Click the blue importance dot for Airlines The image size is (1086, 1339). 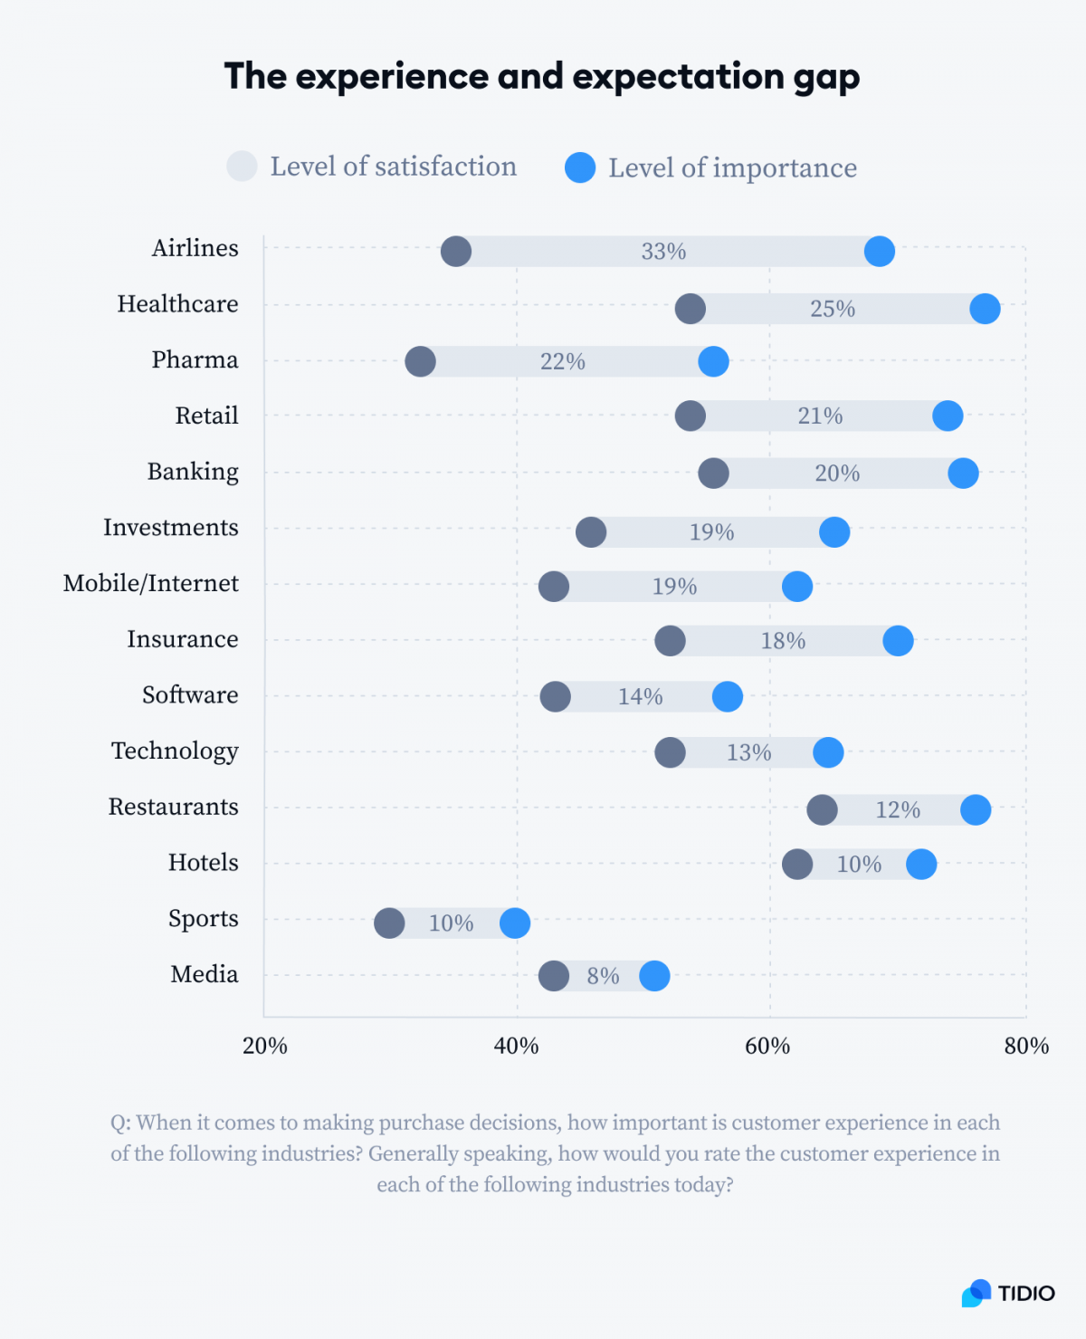coord(879,251)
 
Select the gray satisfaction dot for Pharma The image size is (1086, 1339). coord(420,361)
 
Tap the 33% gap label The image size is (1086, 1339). coord(663,252)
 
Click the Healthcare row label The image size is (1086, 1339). coord(177,304)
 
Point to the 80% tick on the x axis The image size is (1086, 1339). coord(1026,1047)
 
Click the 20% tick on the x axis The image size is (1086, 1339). coord(265,1047)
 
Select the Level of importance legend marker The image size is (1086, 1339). coord(580,167)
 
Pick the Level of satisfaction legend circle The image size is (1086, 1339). coord(242,167)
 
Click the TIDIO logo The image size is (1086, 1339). coord(1008,1293)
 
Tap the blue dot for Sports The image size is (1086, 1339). coord(515,923)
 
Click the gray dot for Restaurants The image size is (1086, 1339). coord(822,809)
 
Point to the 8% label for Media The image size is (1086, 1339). coord(603,976)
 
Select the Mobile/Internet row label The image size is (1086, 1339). coord(151,584)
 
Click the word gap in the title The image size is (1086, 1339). coord(826,78)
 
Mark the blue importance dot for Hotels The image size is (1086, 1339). coord(921,864)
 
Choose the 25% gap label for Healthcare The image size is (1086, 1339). coord(833,309)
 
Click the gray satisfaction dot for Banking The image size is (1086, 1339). coord(713,473)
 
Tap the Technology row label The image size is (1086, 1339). coord(175,751)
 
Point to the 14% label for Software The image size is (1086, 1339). coord(641,696)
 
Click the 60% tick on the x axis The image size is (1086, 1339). coord(767,1047)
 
